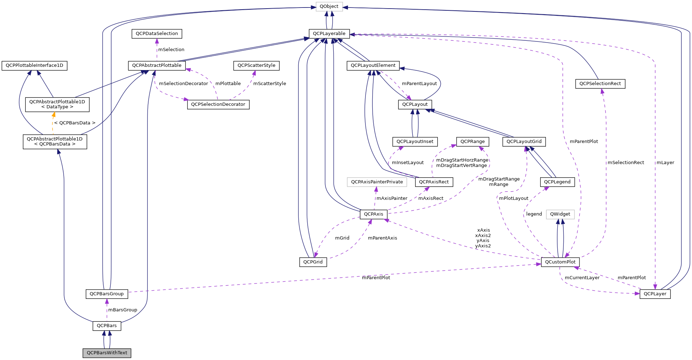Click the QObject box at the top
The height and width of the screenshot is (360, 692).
[329, 6]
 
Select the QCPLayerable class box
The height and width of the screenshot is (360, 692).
[329, 34]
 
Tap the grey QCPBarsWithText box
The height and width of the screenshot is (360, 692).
[107, 353]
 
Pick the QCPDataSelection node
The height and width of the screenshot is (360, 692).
[156, 34]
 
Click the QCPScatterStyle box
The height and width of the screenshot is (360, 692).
[256, 65]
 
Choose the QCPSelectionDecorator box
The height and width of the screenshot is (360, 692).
[218, 104]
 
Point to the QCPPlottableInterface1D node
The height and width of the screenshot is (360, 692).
[34, 65]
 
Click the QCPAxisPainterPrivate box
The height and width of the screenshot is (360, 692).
[377, 182]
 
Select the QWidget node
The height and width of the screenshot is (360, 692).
[560, 214]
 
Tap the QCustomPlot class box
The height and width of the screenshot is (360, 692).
[560, 262]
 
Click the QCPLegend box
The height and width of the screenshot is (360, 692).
[557, 182]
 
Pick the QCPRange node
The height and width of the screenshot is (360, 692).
[472, 142]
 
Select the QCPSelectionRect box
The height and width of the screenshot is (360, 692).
[600, 84]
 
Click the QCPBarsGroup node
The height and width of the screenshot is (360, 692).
[106, 294]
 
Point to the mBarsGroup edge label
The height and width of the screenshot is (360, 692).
[123, 310]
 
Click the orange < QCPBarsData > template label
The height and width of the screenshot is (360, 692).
[75, 123]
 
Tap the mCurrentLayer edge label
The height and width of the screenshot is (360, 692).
[582, 278]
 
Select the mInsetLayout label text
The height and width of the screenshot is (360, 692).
[408, 163]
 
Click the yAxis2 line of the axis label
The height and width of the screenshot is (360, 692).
[483, 246]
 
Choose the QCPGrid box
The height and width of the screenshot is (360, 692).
[313, 262]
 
